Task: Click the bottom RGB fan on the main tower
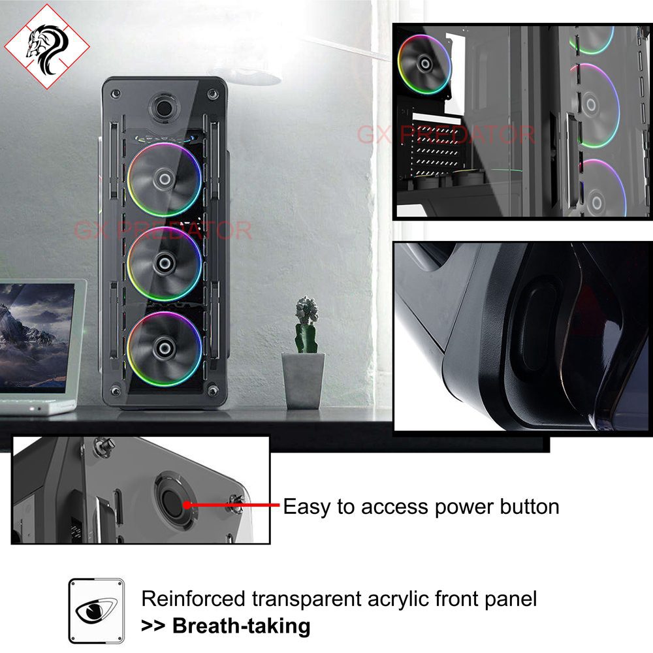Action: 165,348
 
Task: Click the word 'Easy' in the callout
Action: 308,507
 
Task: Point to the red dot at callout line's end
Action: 188,504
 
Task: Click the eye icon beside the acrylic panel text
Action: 96,610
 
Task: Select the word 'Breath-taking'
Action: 241,626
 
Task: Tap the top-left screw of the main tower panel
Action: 116,95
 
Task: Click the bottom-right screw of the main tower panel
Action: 212,390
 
